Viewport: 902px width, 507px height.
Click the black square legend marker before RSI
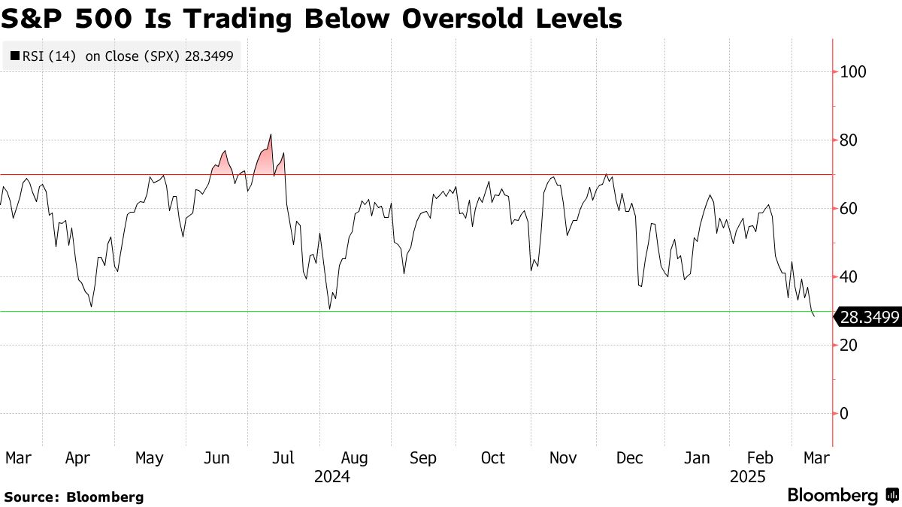[x=14, y=56]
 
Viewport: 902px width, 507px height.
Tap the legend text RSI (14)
[x=50, y=56]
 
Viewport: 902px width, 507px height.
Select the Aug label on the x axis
[x=354, y=458]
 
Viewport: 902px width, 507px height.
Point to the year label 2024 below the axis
[x=332, y=477]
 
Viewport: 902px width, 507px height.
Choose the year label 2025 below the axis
[x=748, y=477]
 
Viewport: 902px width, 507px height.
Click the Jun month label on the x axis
[x=217, y=458]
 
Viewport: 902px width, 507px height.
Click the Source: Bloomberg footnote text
[x=73, y=496]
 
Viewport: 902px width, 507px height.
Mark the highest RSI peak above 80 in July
[x=271, y=135]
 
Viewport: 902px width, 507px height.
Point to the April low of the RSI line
[x=91, y=306]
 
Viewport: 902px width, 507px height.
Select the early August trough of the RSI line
[x=329, y=309]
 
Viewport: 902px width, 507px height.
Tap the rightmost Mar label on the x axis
[x=816, y=458]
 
